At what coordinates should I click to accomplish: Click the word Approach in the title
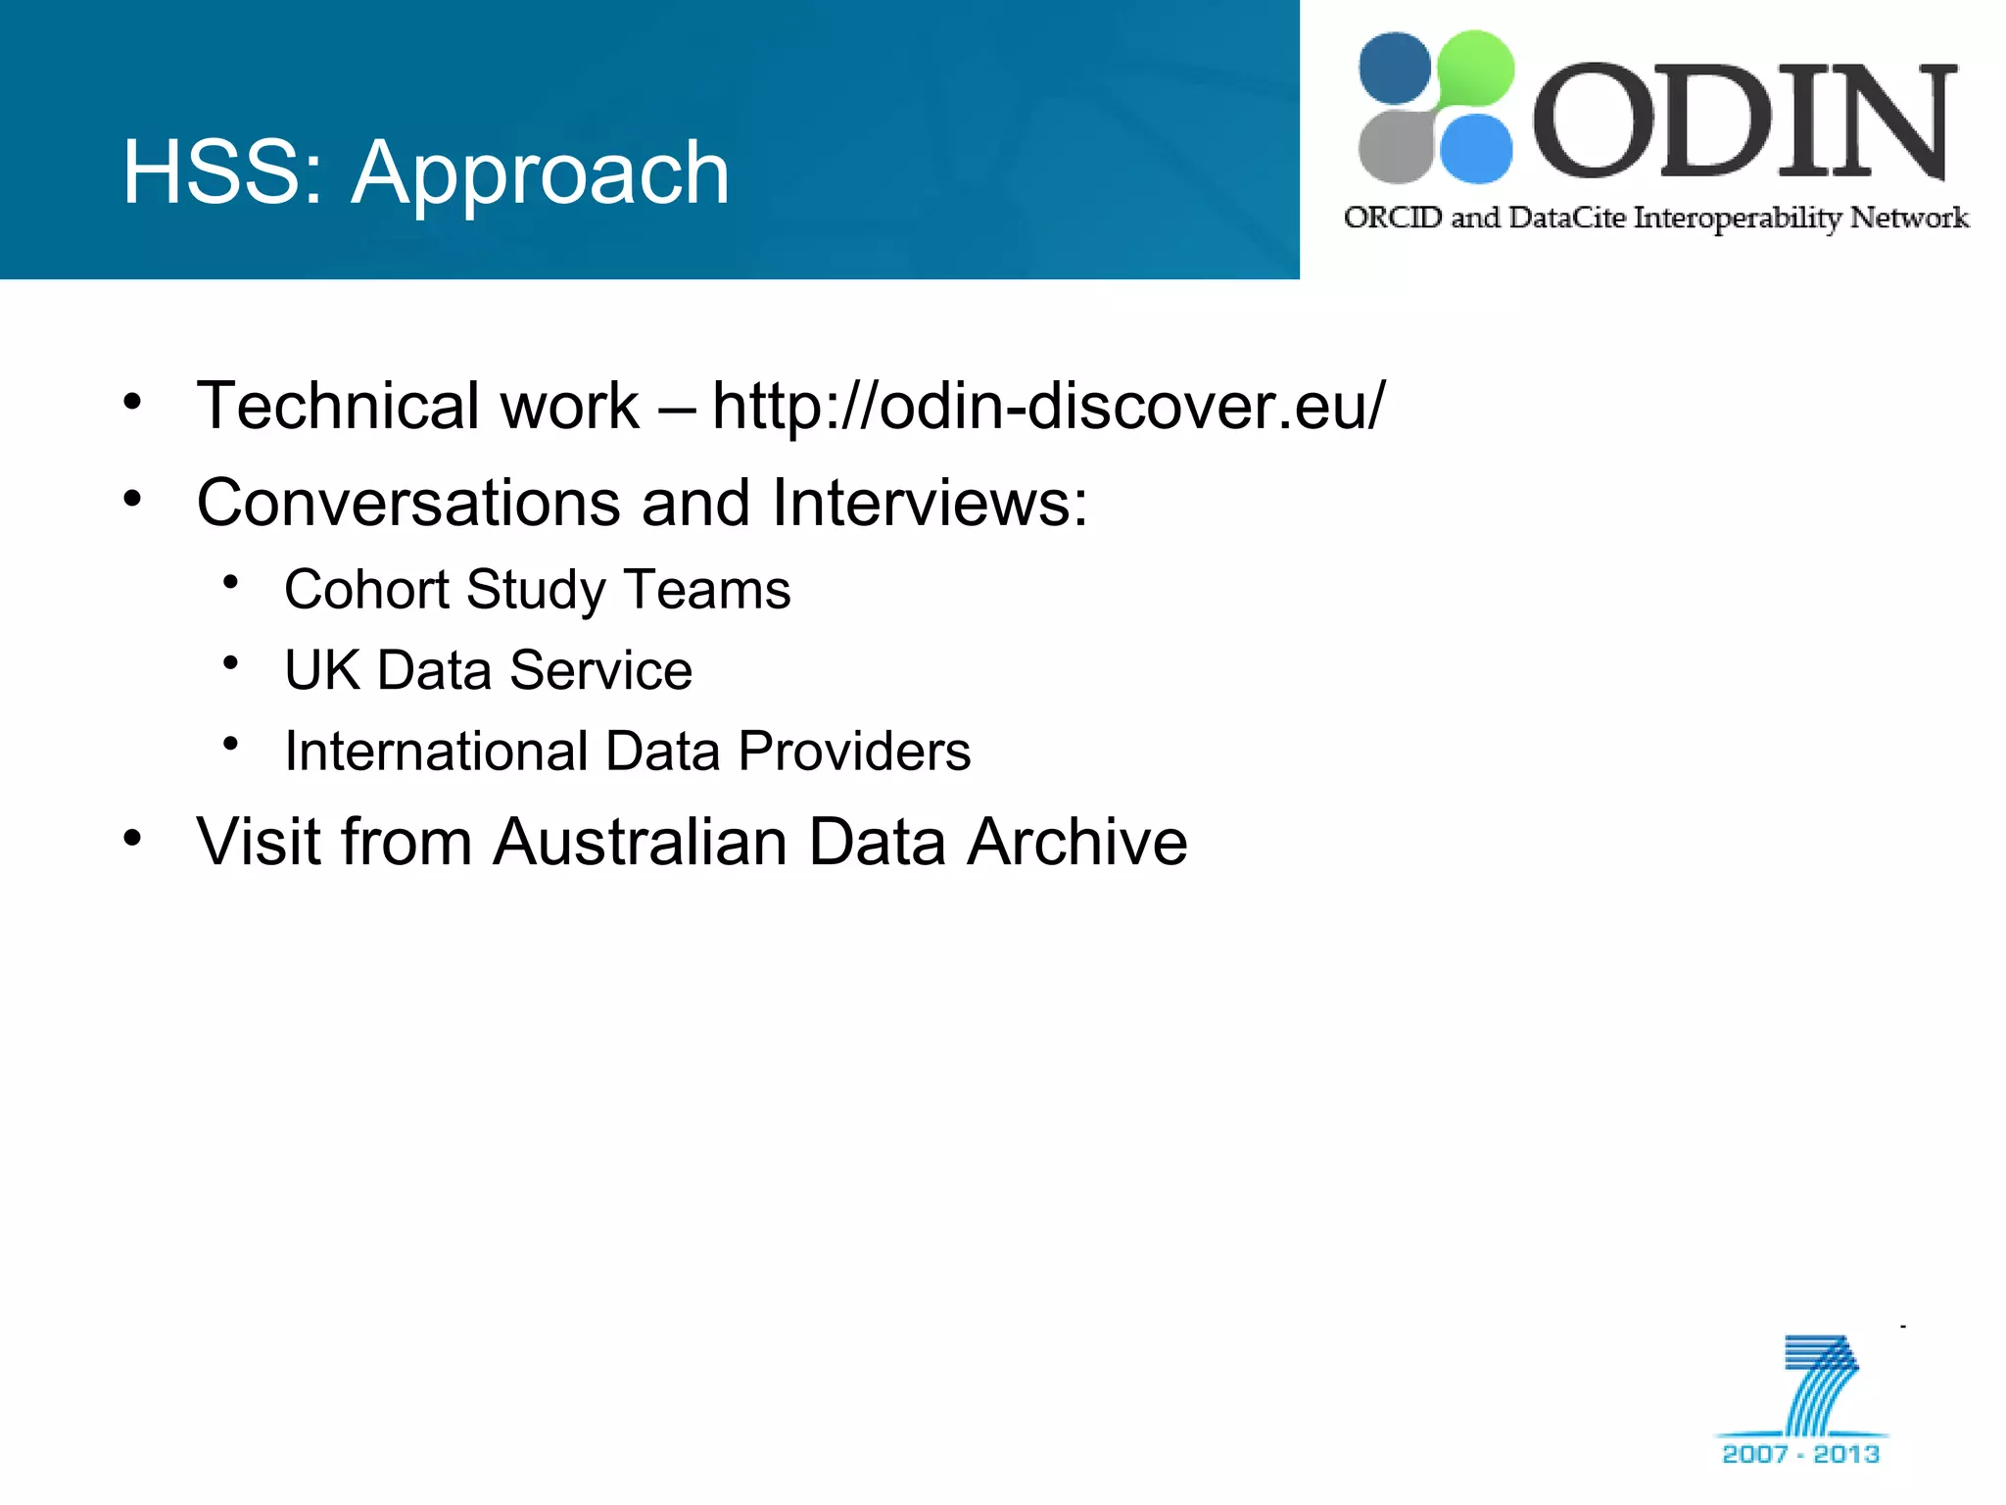point(541,174)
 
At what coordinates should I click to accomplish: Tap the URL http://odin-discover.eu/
point(1048,406)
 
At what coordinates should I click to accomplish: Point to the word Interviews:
point(930,503)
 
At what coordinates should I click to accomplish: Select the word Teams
point(707,590)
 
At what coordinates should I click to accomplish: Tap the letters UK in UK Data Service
point(321,671)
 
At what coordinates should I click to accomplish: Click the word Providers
point(854,752)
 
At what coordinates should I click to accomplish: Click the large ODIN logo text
point(1743,122)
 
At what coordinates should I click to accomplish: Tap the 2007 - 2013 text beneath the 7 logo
point(1800,1453)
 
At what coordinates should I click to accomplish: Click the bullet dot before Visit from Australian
point(133,838)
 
